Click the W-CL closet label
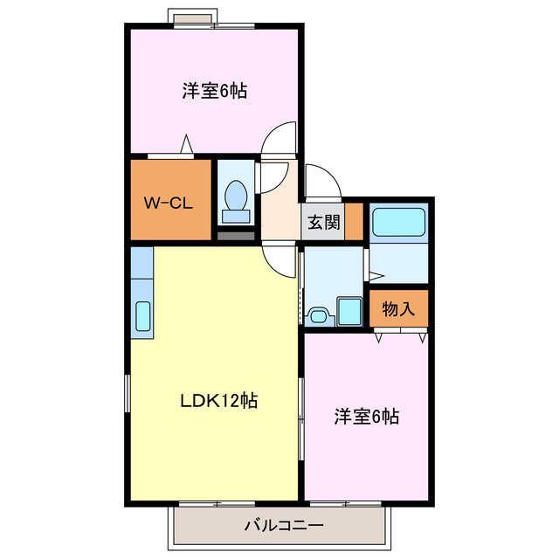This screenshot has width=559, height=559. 168,205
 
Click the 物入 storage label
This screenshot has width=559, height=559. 398,309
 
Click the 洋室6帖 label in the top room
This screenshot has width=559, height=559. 214,91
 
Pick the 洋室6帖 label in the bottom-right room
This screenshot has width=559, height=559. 367,417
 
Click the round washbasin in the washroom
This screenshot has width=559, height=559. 320,314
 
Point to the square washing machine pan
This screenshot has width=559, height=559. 350,310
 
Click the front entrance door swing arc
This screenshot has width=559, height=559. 320,182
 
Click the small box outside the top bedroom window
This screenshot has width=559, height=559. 191,17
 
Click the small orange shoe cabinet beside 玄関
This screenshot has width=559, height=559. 354,222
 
